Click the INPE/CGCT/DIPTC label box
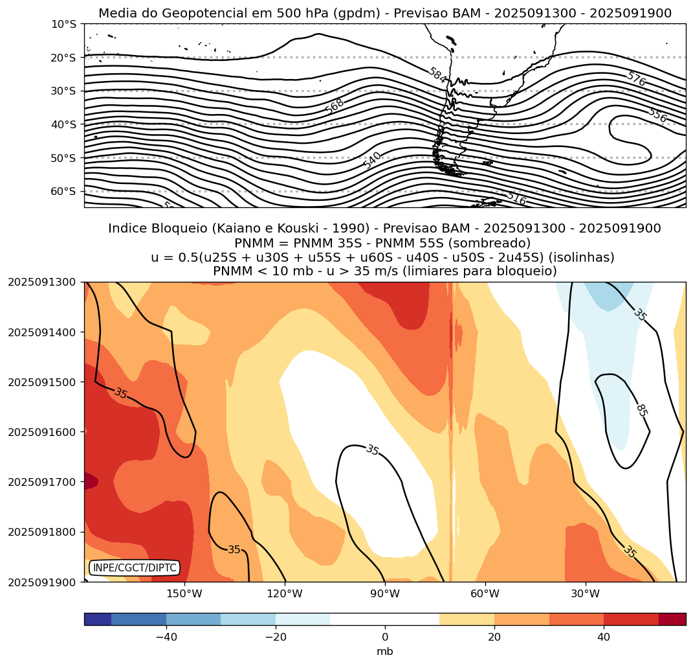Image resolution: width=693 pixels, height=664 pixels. (x=134, y=567)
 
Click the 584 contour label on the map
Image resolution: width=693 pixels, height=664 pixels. (x=437, y=76)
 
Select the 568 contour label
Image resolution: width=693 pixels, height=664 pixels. (x=335, y=106)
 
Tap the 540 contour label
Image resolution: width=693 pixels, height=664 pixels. (x=372, y=160)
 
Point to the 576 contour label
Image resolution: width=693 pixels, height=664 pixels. (x=636, y=79)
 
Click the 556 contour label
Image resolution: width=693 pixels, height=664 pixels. (x=657, y=115)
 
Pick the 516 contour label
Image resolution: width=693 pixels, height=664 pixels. (x=516, y=198)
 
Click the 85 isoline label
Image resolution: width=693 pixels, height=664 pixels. (x=641, y=410)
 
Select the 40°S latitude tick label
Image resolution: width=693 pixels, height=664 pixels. (x=63, y=124)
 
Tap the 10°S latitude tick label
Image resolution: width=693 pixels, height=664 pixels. (x=63, y=24)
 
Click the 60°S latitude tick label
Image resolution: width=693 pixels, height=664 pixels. (x=63, y=191)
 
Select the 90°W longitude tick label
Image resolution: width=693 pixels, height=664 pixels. (x=385, y=593)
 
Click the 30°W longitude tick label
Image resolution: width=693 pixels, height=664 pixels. (x=586, y=593)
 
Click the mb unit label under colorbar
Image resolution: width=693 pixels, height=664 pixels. (x=385, y=651)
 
